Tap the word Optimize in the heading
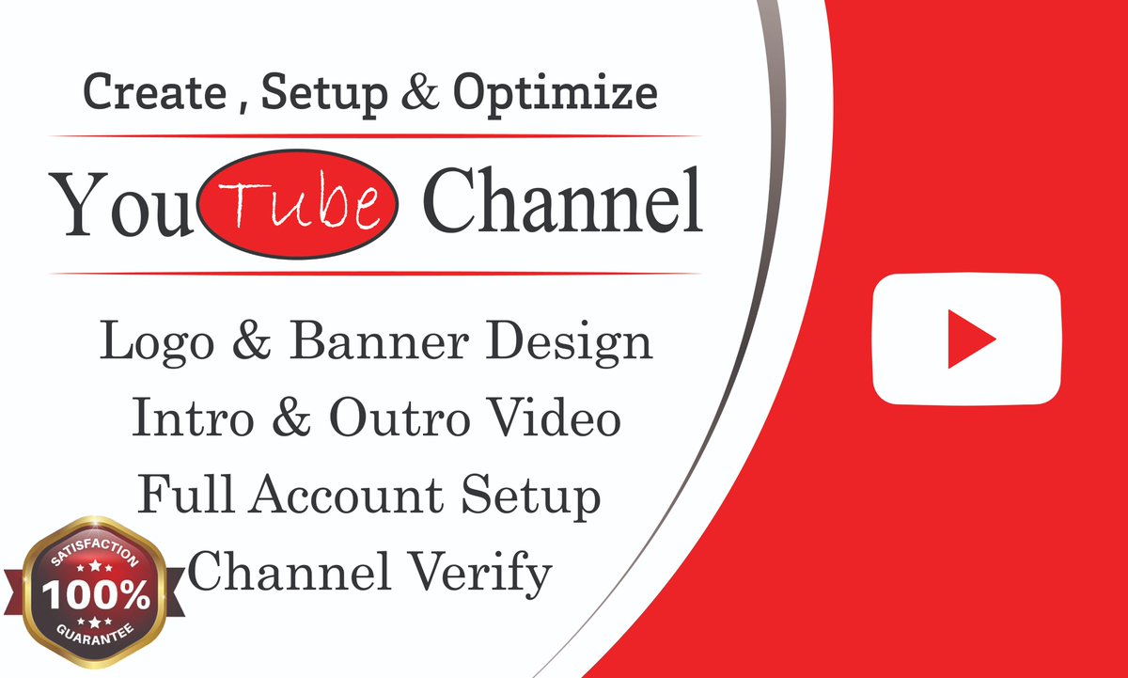[x=555, y=94]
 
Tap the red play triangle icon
[x=969, y=338]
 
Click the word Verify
[x=479, y=571]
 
